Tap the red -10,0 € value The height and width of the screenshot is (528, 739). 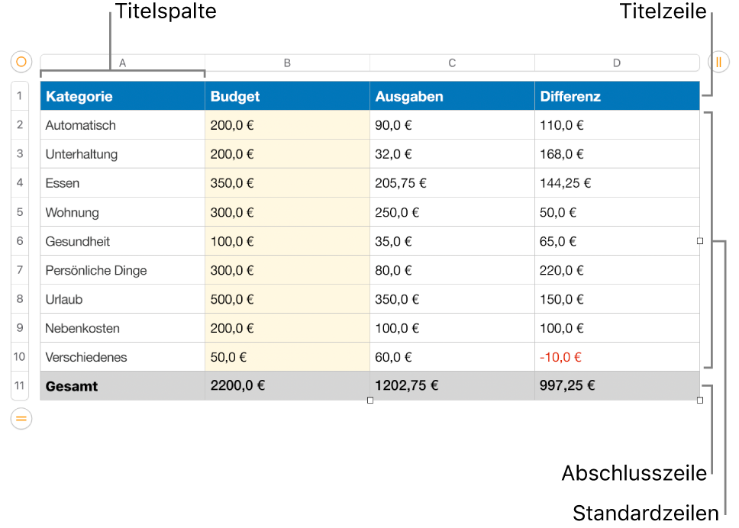click(x=560, y=357)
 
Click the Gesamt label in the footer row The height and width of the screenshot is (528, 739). click(x=72, y=386)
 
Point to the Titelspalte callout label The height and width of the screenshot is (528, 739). click(x=166, y=11)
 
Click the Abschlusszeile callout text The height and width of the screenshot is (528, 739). click(x=634, y=473)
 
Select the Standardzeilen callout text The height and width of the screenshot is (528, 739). click(x=646, y=513)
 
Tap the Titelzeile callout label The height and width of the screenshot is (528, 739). click(x=663, y=11)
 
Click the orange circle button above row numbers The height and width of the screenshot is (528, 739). click(x=21, y=62)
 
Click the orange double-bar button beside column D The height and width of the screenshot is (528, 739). click(x=718, y=62)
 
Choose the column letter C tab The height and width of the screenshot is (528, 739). click(x=453, y=63)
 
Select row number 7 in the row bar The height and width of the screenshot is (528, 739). click(x=20, y=270)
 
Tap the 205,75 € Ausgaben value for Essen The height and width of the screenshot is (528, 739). click(x=401, y=183)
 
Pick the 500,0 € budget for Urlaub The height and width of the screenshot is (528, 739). click(x=232, y=299)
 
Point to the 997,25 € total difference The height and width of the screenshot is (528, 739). click(x=567, y=386)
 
